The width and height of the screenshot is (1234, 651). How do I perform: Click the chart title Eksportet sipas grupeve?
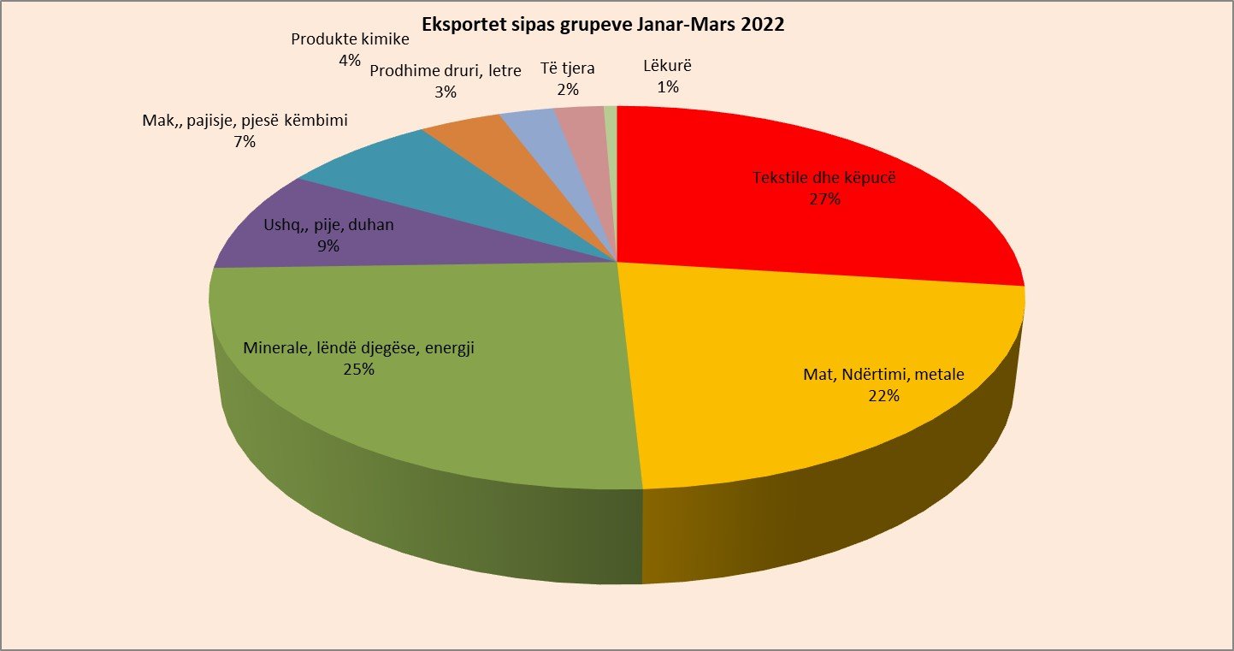[x=603, y=25]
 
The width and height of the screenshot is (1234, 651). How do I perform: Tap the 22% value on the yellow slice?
[x=883, y=396]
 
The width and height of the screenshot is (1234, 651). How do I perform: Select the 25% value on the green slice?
[x=358, y=370]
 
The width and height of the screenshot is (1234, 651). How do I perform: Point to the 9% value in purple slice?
[x=328, y=246]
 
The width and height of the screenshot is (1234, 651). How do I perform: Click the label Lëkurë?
[x=668, y=65]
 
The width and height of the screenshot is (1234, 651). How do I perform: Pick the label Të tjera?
[x=568, y=68]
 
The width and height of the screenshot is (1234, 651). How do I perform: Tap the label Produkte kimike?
[x=350, y=39]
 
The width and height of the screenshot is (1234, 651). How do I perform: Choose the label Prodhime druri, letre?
[x=445, y=71]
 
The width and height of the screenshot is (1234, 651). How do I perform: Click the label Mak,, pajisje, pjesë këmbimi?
[x=245, y=121]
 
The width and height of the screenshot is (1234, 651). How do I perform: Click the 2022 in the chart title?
[x=760, y=25]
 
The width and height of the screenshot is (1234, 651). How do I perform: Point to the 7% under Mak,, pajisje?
[x=245, y=142]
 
